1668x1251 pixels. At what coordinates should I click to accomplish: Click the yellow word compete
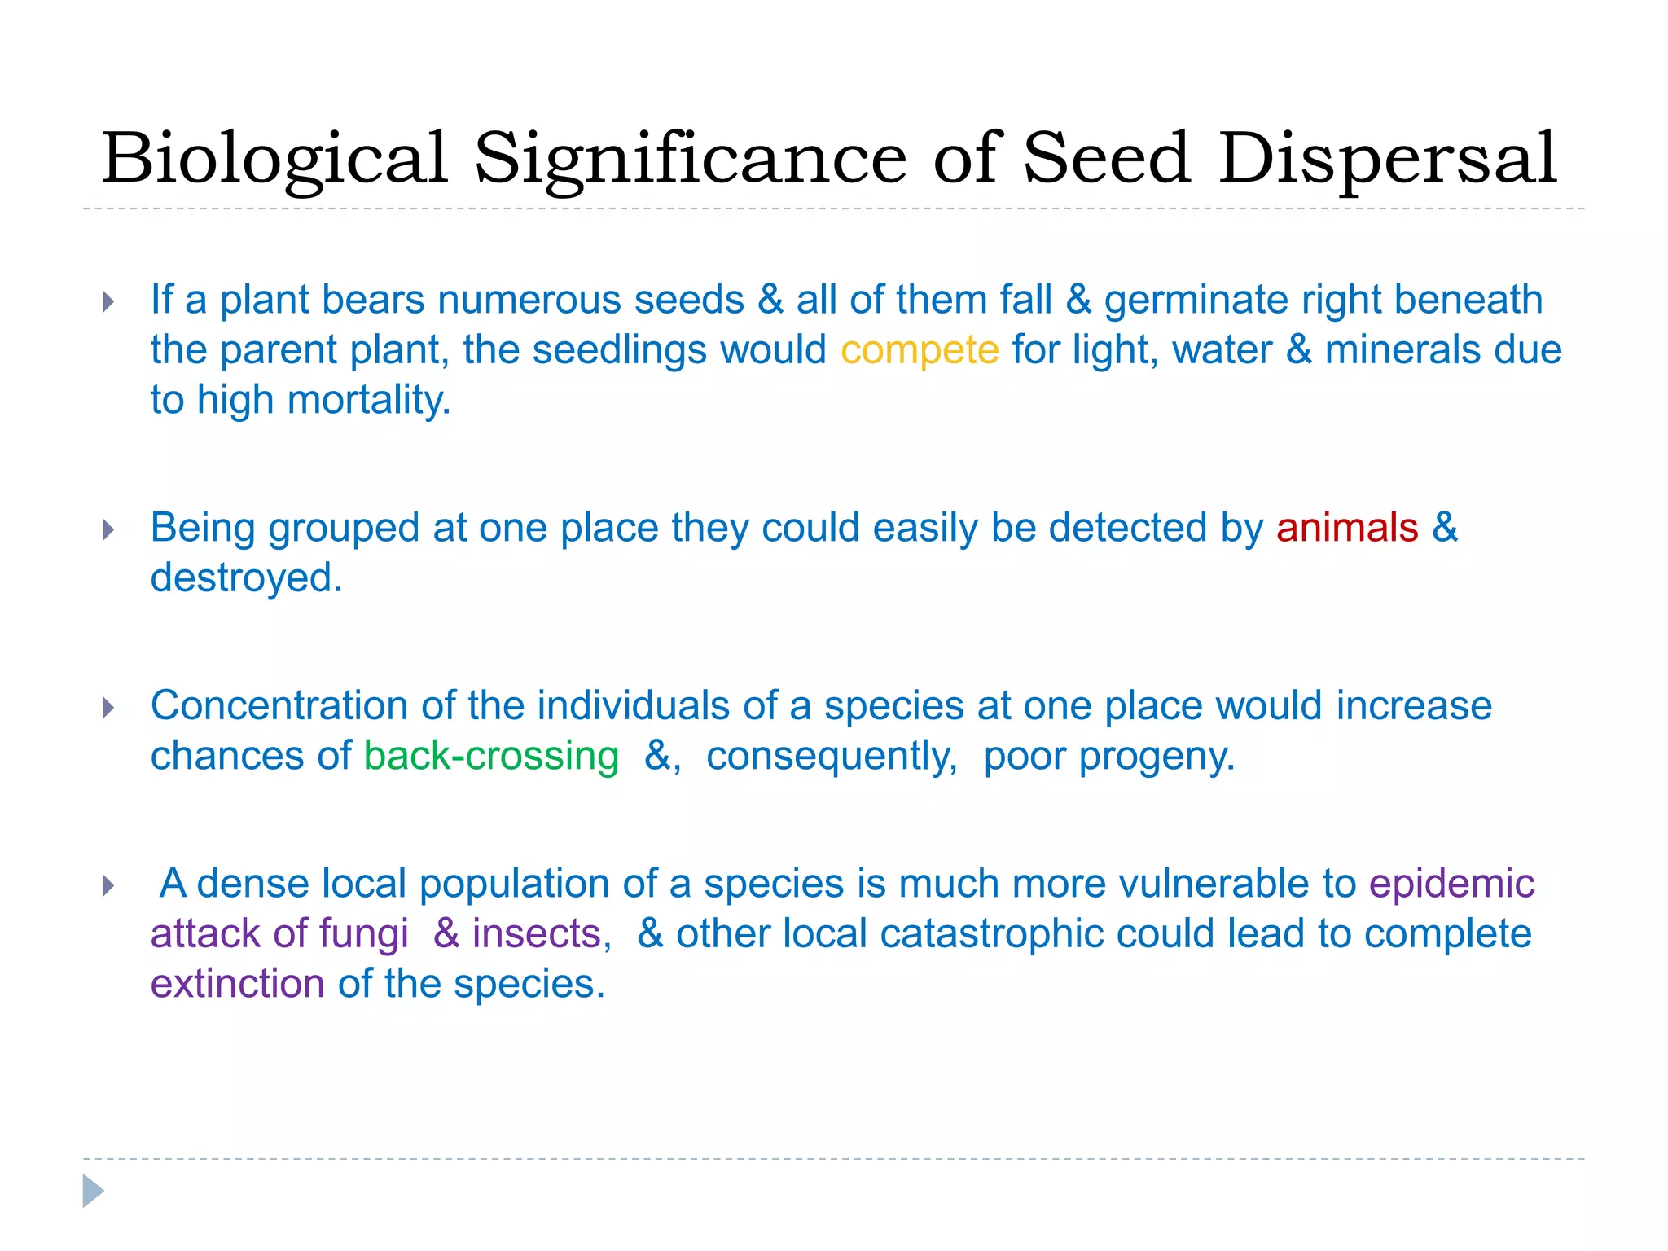[x=920, y=351]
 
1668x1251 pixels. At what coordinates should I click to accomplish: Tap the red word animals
[x=1347, y=528]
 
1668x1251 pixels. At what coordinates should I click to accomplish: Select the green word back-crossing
[x=491, y=757]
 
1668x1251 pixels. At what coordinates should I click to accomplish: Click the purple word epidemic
[x=1451, y=884]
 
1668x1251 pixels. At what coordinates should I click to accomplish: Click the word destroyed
[x=246, y=578]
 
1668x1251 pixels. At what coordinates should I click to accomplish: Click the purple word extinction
[x=238, y=984]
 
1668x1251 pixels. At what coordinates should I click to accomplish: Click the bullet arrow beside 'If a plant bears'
[x=108, y=302]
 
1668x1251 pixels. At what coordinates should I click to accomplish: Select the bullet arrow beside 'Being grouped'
[x=108, y=530]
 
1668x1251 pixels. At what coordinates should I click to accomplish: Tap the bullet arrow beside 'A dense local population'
[x=108, y=885]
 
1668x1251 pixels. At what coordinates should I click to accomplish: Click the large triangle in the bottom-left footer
[x=93, y=1191]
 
